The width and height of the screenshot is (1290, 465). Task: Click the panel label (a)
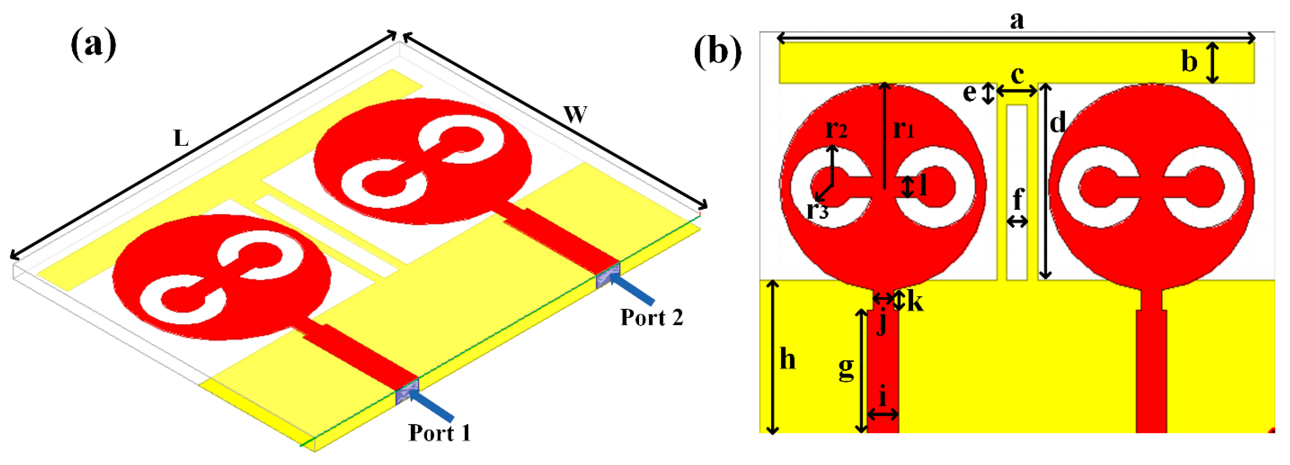point(94,45)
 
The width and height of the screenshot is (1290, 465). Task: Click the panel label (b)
point(717,52)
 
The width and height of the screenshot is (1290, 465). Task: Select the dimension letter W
point(575,115)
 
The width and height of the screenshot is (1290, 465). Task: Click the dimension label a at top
point(1017,20)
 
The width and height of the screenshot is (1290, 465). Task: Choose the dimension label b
point(1189,62)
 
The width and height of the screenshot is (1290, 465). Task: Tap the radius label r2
point(836,129)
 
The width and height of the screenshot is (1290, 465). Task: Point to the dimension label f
point(1018,200)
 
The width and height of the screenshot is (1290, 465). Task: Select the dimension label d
point(1057,123)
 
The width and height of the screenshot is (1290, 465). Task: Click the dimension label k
point(915,302)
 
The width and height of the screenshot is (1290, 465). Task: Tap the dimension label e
point(970,93)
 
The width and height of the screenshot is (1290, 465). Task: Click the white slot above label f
point(1017,150)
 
